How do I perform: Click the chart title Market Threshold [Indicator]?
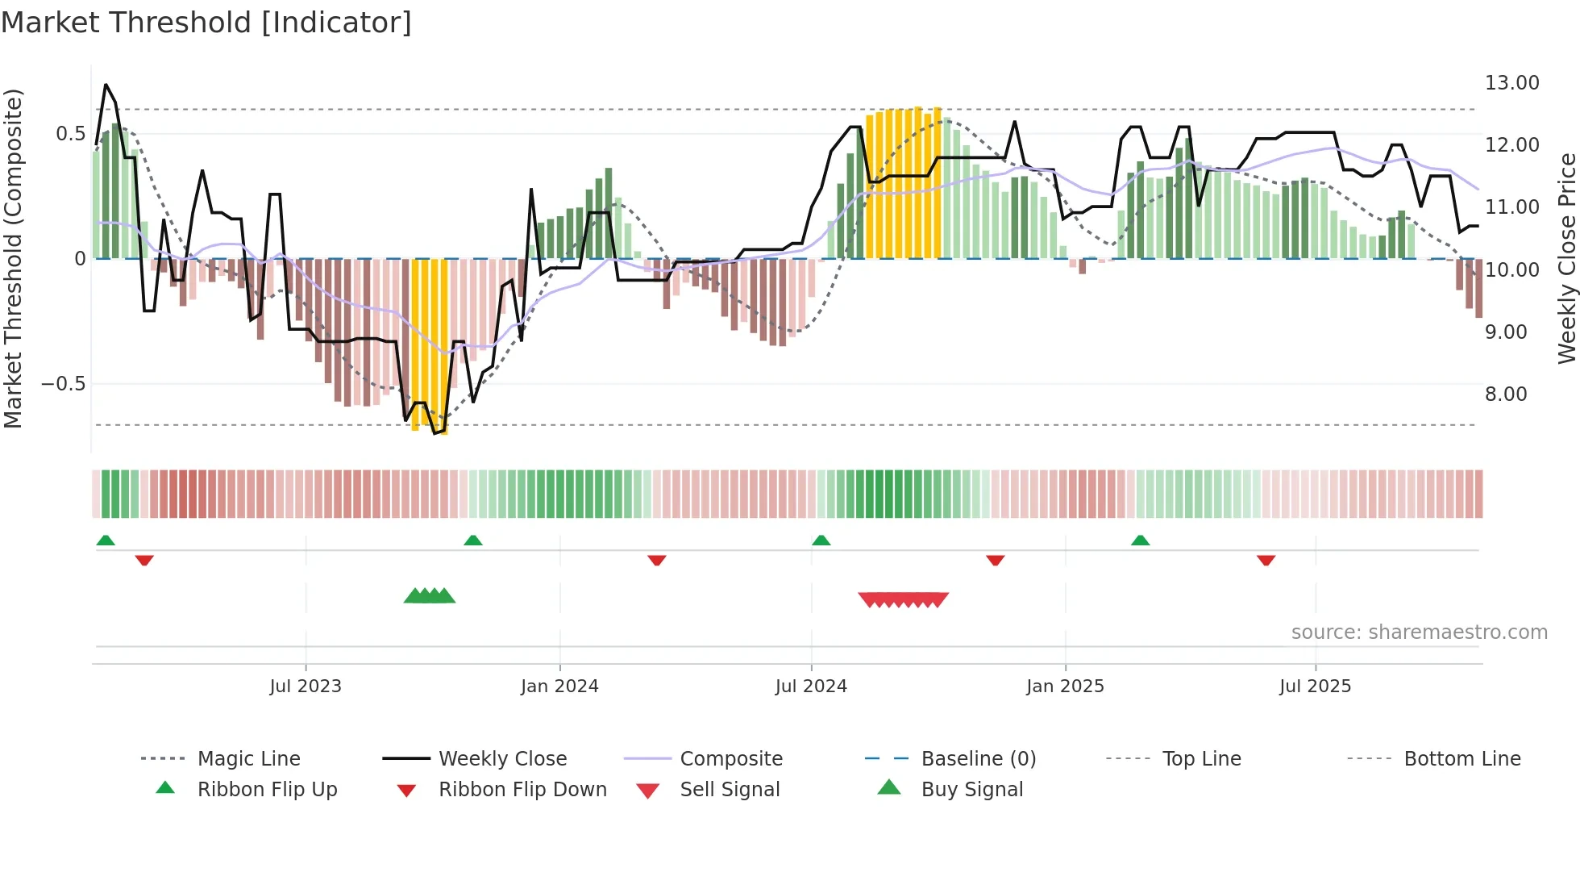coord(206,23)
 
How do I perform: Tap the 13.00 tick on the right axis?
coord(1511,83)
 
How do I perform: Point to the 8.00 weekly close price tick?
coord(1505,394)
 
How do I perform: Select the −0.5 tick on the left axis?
coord(63,384)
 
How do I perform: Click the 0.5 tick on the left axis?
coord(70,134)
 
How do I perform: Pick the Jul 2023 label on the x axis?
coord(306,687)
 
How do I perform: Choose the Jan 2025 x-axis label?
coord(1065,687)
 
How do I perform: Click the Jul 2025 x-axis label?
coord(1315,687)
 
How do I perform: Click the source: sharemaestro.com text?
coord(1419,632)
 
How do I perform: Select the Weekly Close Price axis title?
coord(1566,258)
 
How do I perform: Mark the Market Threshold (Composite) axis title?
coord(13,258)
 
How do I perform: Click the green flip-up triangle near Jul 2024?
coord(821,540)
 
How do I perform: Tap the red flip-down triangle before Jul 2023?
coord(144,560)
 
